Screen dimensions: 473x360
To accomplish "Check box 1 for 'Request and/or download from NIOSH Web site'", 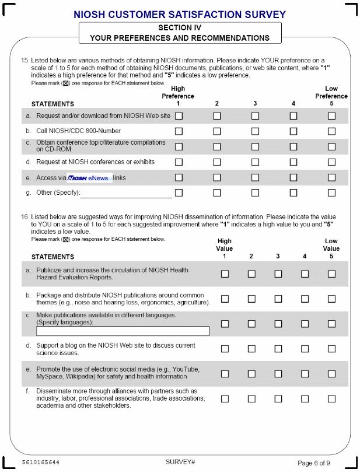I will pos(179,116).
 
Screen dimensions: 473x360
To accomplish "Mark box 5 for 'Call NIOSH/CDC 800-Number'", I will pos(331,131).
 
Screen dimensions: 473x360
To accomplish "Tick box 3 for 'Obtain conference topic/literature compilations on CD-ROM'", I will pos(255,146).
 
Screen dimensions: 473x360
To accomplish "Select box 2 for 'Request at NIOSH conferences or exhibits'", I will pos(217,162).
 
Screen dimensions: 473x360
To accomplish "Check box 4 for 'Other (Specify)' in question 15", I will pos(293,192).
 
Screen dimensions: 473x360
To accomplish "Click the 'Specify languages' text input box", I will pos(123,331).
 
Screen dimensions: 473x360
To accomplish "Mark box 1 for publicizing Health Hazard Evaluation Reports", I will pos(225,274).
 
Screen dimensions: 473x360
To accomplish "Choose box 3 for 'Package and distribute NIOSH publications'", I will pos(278,299).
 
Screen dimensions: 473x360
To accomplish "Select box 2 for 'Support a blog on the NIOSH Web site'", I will pos(251,349).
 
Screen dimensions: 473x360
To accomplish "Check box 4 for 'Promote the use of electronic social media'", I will pos(305,374).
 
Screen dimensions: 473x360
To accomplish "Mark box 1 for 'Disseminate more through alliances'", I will pos(225,399).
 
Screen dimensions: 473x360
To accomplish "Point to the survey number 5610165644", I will pos(41,463).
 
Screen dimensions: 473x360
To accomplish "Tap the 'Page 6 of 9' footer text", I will pos(314,463).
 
